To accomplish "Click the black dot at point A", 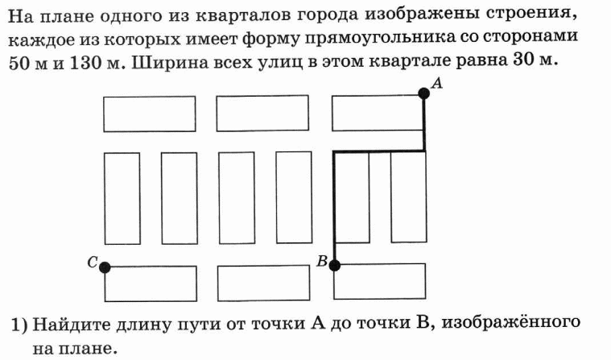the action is point(423,93).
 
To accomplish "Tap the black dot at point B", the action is point(334,265).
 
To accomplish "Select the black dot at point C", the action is point(105,267).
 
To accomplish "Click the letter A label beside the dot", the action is point(437,83).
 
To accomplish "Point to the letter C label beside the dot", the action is point(92,262).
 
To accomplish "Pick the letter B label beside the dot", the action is point(322,261).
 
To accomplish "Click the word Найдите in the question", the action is point(72,323).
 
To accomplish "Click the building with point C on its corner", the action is point(151,283).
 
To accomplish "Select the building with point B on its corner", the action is point(379,281).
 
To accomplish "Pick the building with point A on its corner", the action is point(378,113).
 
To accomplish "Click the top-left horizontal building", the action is point(150,114).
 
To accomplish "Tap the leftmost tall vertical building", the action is point(122,199).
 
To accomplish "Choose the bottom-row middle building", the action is point(264,283).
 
